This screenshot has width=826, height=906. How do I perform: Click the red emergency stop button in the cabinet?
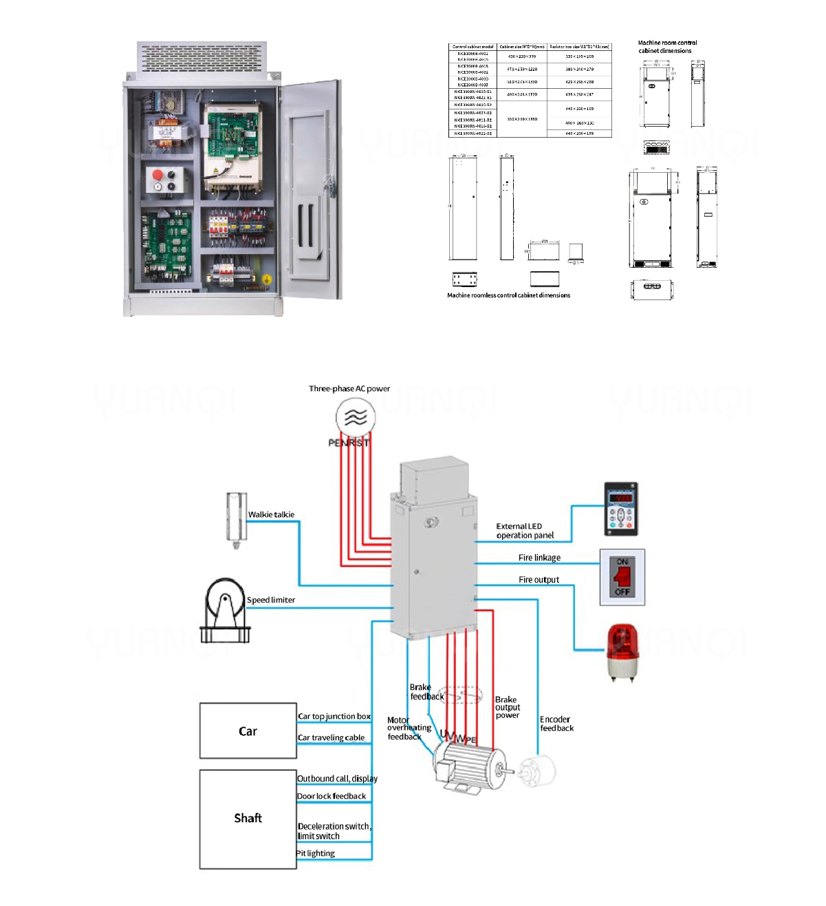click(157, 175)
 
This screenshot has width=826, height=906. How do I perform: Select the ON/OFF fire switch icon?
click(622, 578)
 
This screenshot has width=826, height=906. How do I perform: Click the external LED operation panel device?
click(620, 509)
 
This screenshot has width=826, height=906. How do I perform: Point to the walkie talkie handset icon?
click(237, 520)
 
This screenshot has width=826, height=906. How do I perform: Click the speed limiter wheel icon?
click(225, 610)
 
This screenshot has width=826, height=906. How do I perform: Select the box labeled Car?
click(248, 731)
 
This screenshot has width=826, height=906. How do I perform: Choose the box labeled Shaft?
click(248, 819)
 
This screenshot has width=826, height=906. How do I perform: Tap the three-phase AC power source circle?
click(356, 417)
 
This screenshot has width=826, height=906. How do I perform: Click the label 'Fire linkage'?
click(539, 558)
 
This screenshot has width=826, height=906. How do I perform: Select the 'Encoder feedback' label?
click(556, 724)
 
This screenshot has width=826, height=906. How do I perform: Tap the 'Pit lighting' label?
click(316, 854)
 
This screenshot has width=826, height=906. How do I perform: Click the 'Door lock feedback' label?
click(332, 797)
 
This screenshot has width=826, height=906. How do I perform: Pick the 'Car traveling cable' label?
click(331, 738)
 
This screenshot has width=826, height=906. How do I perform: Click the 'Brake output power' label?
click(508, 708)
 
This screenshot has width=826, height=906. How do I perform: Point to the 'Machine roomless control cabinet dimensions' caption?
click(508, 295)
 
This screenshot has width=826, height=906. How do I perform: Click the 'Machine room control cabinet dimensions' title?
click(666, 47)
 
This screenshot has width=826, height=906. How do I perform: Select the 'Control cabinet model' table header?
click(473, 47)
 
